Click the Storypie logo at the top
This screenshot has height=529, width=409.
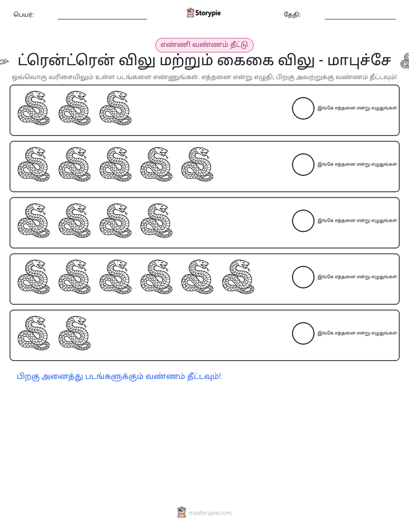203,13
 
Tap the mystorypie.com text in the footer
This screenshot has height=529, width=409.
210,513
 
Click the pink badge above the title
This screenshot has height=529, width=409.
204,45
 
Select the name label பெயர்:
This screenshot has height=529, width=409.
23,14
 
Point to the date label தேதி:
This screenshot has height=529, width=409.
292,14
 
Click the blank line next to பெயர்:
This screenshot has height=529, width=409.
102,19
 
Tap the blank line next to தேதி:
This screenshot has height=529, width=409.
360,19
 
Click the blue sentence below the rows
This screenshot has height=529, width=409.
119,377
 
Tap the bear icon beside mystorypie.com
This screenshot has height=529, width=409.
182,512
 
